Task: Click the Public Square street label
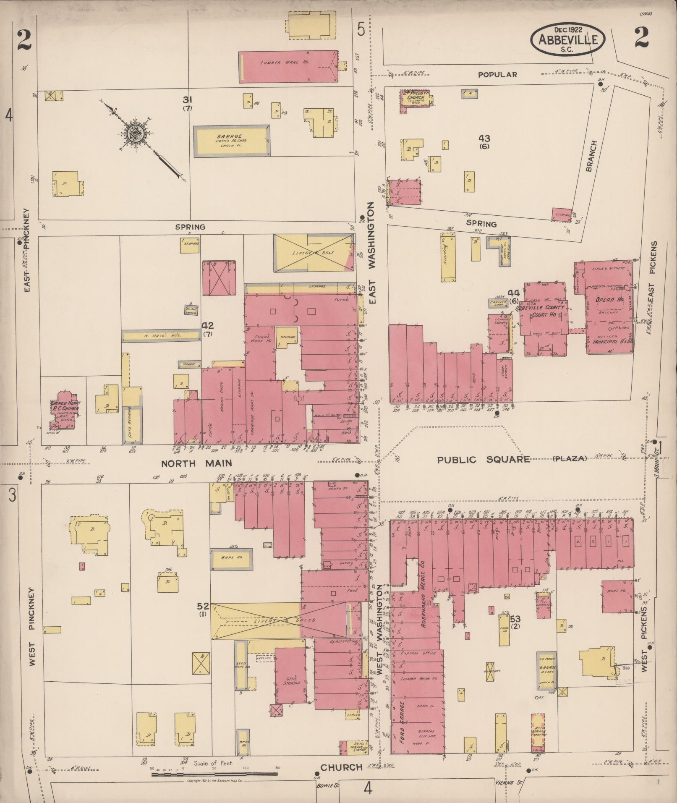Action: pos(484,459)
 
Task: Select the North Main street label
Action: pos(197,463)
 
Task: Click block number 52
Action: pos(203,606)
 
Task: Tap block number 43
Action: pos(484,139)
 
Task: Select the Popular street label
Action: pos(498,74)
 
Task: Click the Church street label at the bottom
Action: pos(341,767)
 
